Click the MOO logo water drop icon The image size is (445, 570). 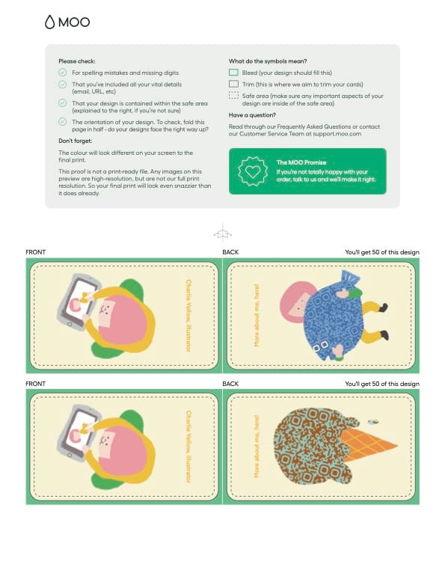[49, 22]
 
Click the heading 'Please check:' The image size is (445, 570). [77, 61]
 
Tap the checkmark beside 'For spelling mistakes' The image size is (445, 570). [63, 73]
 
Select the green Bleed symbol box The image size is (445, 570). [233, 73]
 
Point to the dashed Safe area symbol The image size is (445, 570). [233, 96]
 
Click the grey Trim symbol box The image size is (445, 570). [233, 84]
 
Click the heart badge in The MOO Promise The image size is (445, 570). [253, 171]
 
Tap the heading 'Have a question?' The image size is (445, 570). [252, 115]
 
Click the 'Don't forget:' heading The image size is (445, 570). [76, 141]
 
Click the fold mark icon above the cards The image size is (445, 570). [223, 233]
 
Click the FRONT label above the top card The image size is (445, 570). [36, 252]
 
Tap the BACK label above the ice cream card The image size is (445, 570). [230, 384]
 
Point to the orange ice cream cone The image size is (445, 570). [367, 444]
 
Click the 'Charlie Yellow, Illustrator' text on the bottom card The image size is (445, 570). [188, 447]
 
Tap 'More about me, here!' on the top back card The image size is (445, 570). [257, 315]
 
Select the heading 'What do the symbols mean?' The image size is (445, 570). [268, 61]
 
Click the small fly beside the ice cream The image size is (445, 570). [373, 422]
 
